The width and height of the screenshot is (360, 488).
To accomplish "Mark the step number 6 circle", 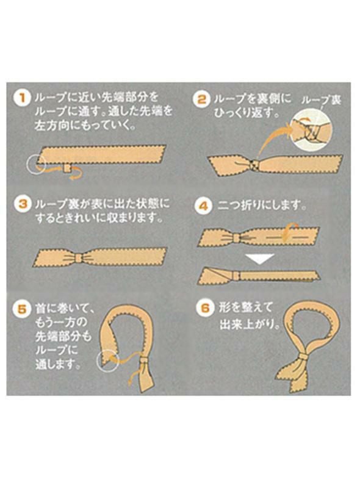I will coord(203,307).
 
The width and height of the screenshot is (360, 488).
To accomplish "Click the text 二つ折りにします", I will coord(262,206).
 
